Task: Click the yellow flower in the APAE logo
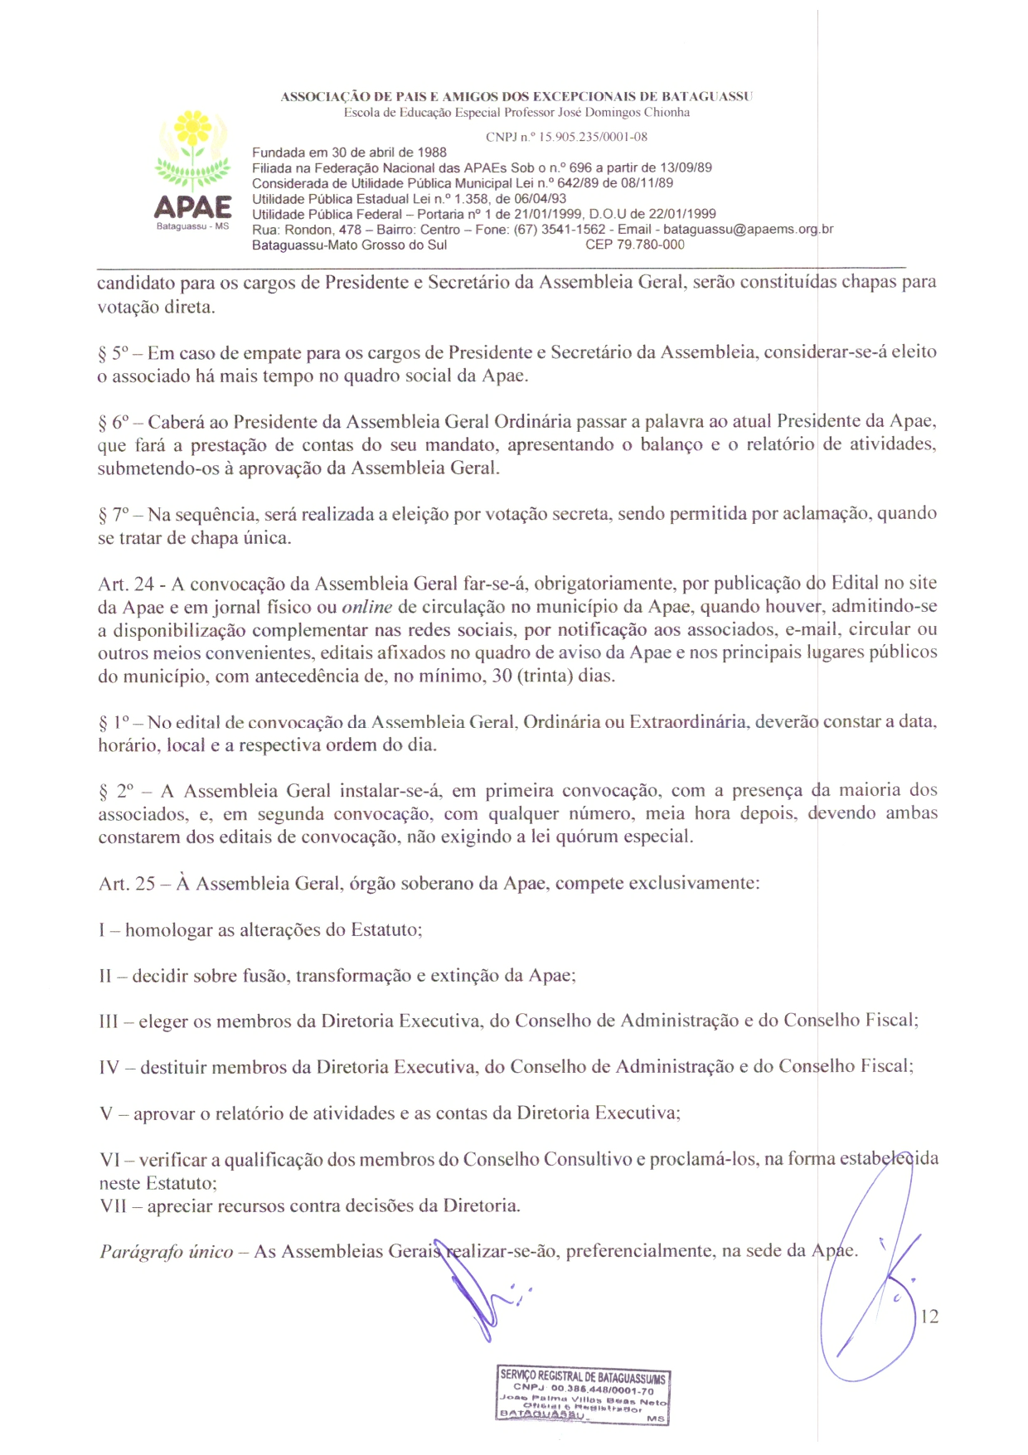click(x=193, y=129)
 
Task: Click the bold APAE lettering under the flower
click(x=193, y=206)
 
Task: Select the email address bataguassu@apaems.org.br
click(x=748, y=230)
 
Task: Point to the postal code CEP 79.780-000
click(x=635, y=245)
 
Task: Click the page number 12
click(x=929, y=1317)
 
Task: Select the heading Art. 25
click(x=127, y=884)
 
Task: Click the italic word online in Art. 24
click(x=366, y=607)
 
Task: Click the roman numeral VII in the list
click(x=113, y=1206)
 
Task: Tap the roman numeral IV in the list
click(x=109, y=1068)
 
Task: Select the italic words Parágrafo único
click(x=167, y=1252)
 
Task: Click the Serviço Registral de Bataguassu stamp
click(x=583, y=1395)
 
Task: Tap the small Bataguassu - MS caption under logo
click(x=192, y=226)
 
